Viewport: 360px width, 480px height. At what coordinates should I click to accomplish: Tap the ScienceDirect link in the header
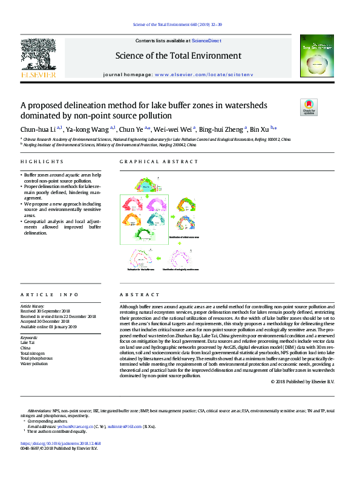pyautogui.click(x=206, y=41)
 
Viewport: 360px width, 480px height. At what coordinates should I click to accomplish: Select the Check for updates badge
pyautogui.click(x=309, y=107)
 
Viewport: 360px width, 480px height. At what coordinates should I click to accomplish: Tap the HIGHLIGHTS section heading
pyautogui.click(x=42, y=162)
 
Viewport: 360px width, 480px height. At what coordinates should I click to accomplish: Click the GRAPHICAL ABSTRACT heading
pyautogui.click(x=159, y=162)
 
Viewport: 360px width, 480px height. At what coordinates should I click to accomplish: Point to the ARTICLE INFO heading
pyautogui.click(x=49, y=294)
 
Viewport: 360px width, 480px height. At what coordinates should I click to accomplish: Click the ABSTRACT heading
pyautogui.click(x=134, y=294)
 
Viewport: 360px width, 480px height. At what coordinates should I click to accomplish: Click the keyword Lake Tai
pyautogui.click(x=28, y=342)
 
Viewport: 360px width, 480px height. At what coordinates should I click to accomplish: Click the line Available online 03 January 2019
pyautogui.click(x=48, y=326)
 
